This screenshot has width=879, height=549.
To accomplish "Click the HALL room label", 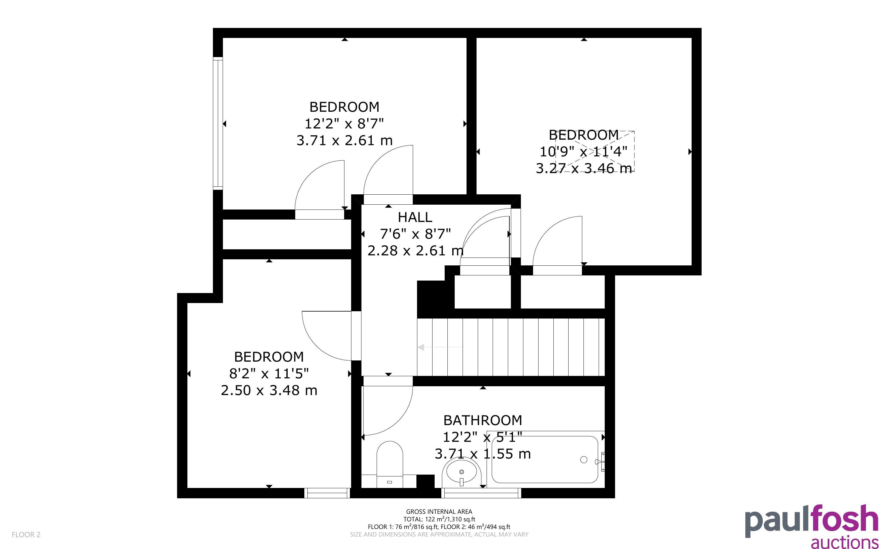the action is [415, 217].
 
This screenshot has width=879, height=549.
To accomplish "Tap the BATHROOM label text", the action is [483, 420].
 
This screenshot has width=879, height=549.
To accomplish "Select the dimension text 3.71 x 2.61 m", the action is [344, 140].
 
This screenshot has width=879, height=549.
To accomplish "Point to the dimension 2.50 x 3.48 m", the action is [269, 390].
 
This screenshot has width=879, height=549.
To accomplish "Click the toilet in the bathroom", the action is [390, 464].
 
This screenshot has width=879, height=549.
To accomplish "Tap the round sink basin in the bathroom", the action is [461, 472].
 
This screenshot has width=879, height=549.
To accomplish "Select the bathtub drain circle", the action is [584, 460].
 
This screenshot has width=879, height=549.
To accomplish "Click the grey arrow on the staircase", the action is [440, 347].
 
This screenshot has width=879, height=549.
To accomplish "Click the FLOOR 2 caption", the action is [26, 534].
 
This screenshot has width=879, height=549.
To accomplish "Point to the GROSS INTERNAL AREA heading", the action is [439, 512].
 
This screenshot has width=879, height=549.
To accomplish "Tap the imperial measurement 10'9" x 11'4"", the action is [583, 152].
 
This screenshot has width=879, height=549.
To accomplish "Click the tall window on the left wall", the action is [217, 124].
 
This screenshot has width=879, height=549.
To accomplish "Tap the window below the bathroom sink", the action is [481, 493].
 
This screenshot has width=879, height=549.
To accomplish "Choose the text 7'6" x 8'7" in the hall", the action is [415, 234].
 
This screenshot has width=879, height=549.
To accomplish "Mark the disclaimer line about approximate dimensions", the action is [439, 534].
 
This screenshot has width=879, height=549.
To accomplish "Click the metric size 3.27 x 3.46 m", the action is [584, 169].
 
